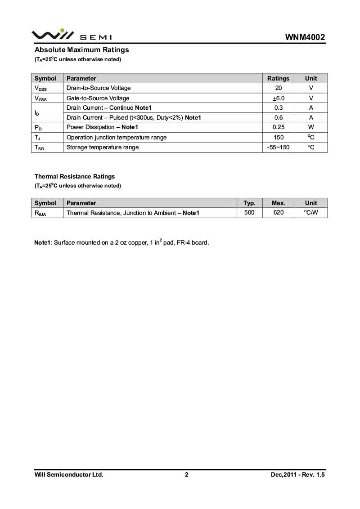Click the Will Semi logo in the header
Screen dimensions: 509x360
[71, 35]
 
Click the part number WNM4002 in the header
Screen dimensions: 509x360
[305, 37]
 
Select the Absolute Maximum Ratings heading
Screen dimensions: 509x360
[81, 50]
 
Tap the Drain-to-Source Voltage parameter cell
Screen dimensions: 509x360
[99, 88]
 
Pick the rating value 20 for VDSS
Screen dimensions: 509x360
[278, 88]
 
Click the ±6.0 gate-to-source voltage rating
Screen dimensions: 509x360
[278, 98]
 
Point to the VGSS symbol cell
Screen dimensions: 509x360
[40, 98]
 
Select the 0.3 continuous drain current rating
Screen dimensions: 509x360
[278, 108]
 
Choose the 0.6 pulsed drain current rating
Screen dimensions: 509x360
[278, 118]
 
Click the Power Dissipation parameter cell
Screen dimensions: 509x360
[102, 127]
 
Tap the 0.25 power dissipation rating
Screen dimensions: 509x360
[278, 127]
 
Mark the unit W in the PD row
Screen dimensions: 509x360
[311, 127]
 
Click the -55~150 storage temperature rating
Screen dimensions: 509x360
[278, 147]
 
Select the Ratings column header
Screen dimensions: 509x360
[278, 78]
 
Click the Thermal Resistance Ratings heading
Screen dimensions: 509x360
[75, 177]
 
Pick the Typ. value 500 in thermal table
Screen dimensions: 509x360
[249, 212]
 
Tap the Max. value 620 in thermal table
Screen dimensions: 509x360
[279, 212]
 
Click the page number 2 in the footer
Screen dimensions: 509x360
[186, 475]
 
